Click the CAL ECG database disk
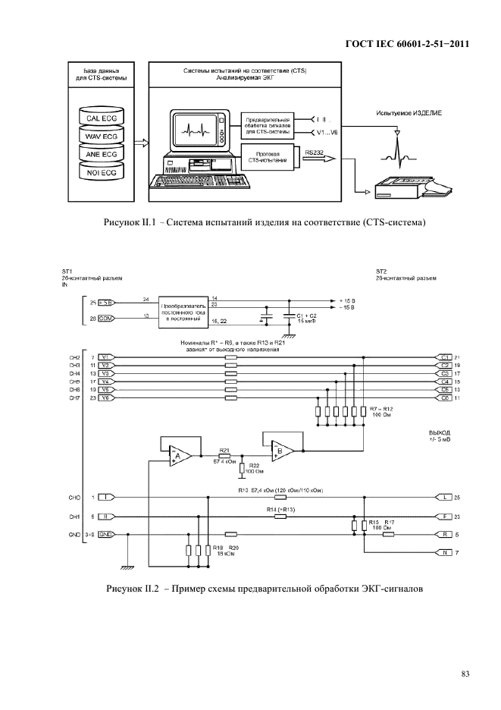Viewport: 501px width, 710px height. click(x=101, y=118)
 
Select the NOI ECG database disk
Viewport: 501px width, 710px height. click(x=101, y=173)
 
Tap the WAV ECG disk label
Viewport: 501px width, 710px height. click(x=101, y=137)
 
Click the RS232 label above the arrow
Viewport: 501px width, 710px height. click(x=315, y=152)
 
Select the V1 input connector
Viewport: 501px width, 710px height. click(x=105, y=357)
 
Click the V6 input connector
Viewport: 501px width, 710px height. click(x=105, y=398)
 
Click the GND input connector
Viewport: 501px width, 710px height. click(x=106, y=534)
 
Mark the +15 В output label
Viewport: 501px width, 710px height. click(x=349, y=300)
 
